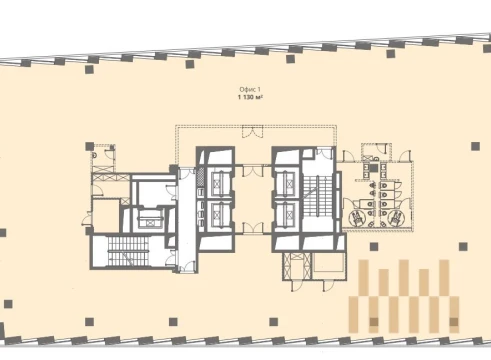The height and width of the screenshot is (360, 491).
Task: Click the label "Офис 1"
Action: click(250, 89)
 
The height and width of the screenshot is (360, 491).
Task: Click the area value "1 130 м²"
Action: click(250, 97)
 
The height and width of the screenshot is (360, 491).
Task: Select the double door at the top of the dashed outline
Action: click(252, 132)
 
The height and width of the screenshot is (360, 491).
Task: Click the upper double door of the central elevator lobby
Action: click(253, 171)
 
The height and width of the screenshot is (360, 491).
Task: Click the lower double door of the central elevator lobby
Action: click(253, 228)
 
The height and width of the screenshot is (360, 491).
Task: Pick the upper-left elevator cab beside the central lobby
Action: click(220, 183)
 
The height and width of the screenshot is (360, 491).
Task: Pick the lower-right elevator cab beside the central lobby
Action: click(286, 214)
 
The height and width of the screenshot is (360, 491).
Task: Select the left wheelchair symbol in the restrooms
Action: click(357, 218)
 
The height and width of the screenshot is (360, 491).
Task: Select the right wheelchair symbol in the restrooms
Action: click(396, 218)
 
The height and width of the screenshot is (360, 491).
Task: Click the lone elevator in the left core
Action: click(150, 219)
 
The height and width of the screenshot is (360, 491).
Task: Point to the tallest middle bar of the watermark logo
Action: click(404, 278)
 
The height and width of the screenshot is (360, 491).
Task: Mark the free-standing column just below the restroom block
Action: click(374, 246)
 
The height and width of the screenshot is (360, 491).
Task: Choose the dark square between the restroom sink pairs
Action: click(374, 168)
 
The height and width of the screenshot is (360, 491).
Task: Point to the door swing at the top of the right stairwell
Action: click(324, 153)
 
